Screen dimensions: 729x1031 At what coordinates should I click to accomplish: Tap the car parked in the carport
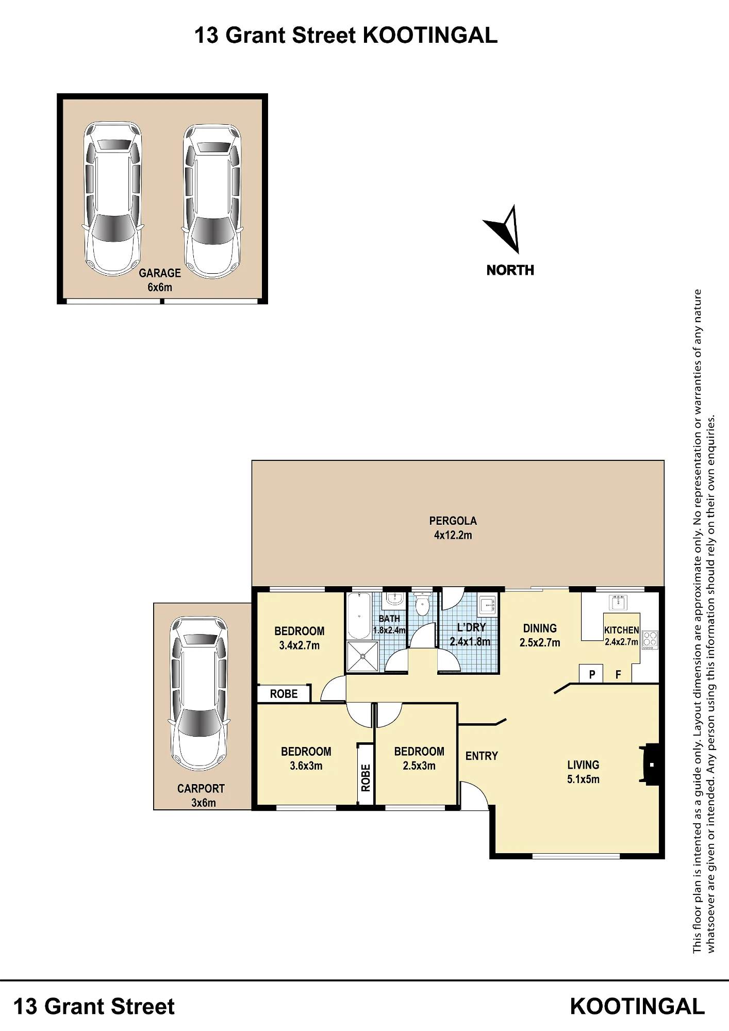click(199, 694)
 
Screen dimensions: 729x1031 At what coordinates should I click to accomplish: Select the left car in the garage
click(112, 199)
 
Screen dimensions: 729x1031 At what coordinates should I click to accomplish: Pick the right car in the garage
click(212, 201)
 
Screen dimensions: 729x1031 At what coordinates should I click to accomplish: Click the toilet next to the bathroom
click(422, 605)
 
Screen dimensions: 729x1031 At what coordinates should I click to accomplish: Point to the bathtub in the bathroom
click(359, 616)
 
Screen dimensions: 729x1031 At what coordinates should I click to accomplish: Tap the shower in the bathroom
click(362, 656)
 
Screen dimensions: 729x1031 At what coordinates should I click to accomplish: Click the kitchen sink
click(618, 602)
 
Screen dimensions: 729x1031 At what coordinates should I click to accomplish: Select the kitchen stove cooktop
click(650, 640)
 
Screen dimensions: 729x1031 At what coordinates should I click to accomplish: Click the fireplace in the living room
click(649, 764)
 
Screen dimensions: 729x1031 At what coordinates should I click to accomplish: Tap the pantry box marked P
click(592, 674)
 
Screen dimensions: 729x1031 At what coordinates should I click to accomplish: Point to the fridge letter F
click(618, 674)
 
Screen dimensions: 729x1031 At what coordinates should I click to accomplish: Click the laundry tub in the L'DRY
click(487, 605)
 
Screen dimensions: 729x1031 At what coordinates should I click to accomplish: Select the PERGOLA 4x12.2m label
click(453, 528)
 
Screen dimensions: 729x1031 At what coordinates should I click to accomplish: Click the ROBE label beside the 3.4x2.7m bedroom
click(284, 694)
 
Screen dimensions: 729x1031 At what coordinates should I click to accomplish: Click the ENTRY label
click(482, 756)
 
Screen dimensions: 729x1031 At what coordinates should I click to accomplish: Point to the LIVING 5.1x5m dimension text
click(583, 779)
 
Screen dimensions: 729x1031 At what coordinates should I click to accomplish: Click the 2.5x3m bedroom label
click(419, 758)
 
